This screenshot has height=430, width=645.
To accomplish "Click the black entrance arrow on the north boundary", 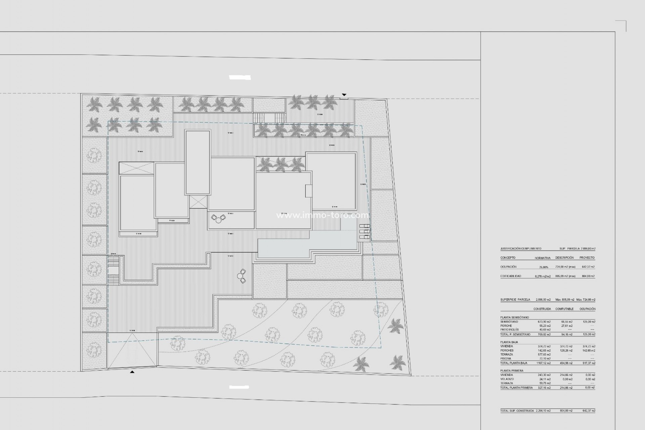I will click(x=344, y=95).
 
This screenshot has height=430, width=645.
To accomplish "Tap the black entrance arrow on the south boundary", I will click(x=132, y=372).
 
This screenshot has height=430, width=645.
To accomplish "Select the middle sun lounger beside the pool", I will click(x=364, y=231).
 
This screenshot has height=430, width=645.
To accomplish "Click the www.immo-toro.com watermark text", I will click(x=322, y=215).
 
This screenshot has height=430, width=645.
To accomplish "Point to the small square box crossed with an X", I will click(x=198, y=202).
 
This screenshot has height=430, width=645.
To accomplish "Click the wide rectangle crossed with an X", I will click(x=136, y=168).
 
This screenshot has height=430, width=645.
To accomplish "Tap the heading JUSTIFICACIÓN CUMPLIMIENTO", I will click(x=521, y=249).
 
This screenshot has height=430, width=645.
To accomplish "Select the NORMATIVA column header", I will click(x=543, y=258).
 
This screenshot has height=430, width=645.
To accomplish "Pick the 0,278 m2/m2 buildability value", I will click(x=543, y=276).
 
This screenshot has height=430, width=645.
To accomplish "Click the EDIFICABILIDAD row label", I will click(x=511, y=276).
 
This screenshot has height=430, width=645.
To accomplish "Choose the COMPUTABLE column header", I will click(x=564, y=309).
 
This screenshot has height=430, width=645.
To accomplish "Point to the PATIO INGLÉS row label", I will click(x=509, y=330).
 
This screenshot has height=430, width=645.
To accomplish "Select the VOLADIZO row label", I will click(x=507, y=379).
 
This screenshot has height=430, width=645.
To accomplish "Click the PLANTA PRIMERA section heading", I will click(x=512, y=371).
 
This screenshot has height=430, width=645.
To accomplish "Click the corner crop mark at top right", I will click(x=625, y=22).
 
